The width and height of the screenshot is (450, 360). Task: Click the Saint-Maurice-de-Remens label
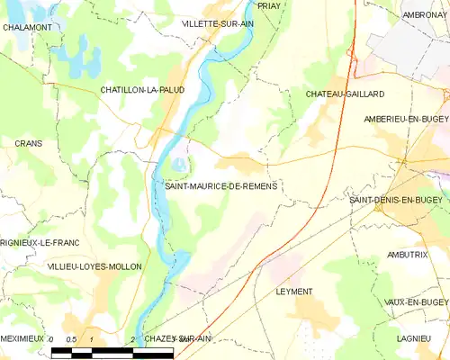pos(220,185)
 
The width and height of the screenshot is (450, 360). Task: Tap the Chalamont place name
pos(26,28)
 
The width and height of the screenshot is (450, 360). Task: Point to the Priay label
pos(267,5)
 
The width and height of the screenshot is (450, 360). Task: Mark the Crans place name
pos(28,143)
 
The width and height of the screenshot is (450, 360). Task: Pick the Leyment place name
pos(294,292)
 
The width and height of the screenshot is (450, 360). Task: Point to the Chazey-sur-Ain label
pos(177,337)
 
